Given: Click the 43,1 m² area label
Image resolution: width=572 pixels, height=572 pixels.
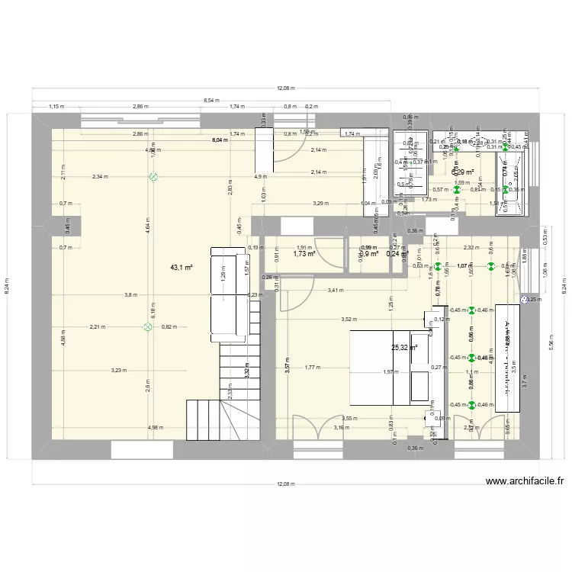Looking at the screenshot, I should coord(182,268).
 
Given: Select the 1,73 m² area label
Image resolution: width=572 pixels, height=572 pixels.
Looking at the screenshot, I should coord(304,254).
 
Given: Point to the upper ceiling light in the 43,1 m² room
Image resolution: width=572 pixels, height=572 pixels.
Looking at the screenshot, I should coord(153,176).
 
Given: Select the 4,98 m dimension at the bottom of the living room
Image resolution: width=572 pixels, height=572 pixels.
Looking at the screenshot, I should coord(156,428).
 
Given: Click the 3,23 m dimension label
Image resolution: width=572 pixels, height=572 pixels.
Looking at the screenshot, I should coord(119,371).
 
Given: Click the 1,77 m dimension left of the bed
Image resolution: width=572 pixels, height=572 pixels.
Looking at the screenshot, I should coord(311,368).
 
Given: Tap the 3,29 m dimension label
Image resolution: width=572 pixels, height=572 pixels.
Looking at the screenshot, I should coord(320,204).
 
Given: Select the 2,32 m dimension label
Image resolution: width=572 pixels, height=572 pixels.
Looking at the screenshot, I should coord(470,247).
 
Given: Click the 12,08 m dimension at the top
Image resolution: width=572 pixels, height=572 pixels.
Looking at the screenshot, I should coord(286,89).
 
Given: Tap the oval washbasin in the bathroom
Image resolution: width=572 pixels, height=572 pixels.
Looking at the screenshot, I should coord(479,142).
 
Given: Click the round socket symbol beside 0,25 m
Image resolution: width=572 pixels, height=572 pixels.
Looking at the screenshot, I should coord(523,300).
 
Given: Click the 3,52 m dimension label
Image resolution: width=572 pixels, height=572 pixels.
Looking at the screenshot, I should coord(350,320).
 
